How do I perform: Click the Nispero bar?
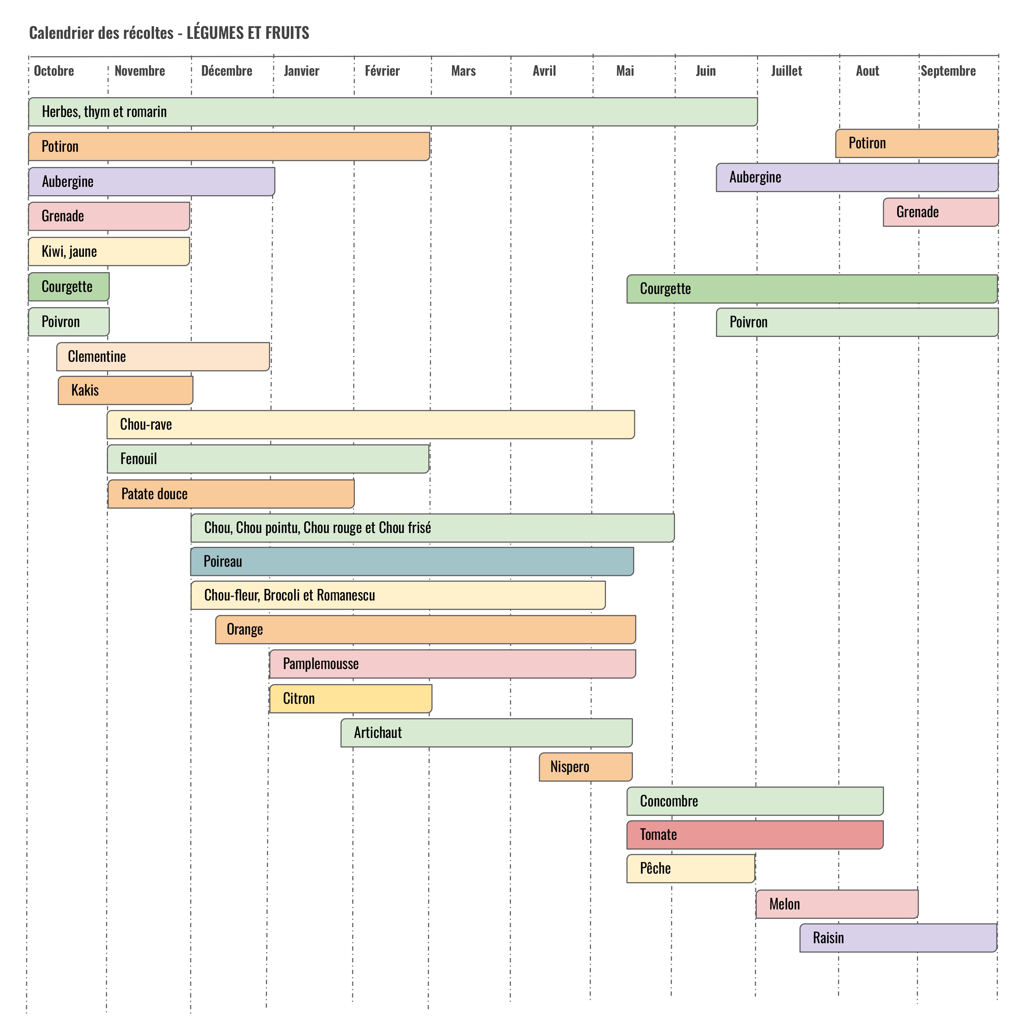pos(585,767)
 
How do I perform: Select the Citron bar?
pos(351,698)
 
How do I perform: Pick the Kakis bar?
pos(125,390)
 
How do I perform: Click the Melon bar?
pos(836,904)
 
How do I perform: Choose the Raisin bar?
pos(898,938)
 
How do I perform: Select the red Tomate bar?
pos(755,834)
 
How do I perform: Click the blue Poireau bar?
pos(412,561)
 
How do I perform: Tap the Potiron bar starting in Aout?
pos(917,143)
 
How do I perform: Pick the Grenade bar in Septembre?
pos(940,212)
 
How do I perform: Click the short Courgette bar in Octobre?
pos(69,286)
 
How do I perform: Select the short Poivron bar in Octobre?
pos(69,322)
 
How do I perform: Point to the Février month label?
pos(382,71)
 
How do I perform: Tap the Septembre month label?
pos(948,71)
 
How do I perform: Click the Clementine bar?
pos(163,356)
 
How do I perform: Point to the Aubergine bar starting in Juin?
pos(857,177)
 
